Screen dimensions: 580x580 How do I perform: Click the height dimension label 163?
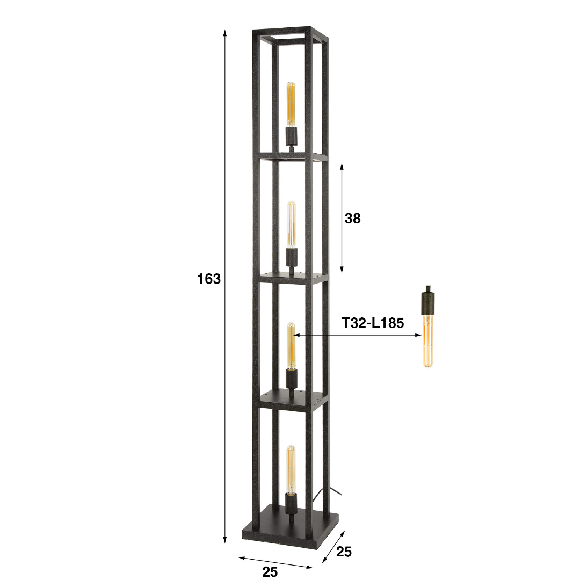click(x=208, y=279)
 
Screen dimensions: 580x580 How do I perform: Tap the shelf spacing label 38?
click(x=352, y=219)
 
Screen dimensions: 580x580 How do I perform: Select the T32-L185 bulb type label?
click(x=373, y=323)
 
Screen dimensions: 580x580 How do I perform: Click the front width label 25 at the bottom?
click(x=270, y=572)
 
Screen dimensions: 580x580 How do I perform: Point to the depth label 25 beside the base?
click(x=344, y=552)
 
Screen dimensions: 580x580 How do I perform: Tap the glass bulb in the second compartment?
click(x=292, y=225)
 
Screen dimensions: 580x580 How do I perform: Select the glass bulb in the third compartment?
click(x=291, y=346)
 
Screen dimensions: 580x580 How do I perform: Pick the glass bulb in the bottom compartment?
click(x=291, y=470)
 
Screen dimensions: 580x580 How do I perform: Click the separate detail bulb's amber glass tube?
click(x=428, y=340)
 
